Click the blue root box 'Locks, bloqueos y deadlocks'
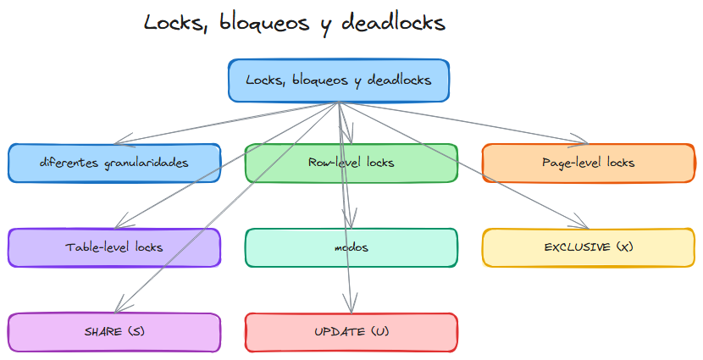(x=339, y=80)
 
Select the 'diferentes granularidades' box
(x=114, y=163)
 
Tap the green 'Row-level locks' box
(x=351, y=163)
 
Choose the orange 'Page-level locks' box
(x=588, y=163)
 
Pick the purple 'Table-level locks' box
(x=114, y=247)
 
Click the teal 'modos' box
(x=351, y=247)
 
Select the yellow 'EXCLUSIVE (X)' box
(x=588, y=247)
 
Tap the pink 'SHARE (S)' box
(x=114, y=331)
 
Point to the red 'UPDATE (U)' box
(x=351, y=331)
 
